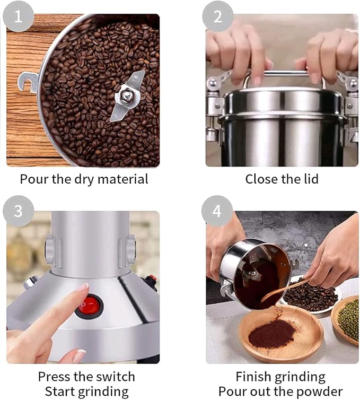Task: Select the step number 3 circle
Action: pos(18,211)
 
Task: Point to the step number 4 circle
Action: pos(217,211)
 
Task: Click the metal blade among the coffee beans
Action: pos(127,96)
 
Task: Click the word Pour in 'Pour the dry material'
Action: pos(33,179)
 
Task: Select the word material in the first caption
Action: pos(125,179)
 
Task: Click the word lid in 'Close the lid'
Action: pos(310,179)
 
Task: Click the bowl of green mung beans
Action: pos(348,318)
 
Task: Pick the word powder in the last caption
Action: pos(321,392)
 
